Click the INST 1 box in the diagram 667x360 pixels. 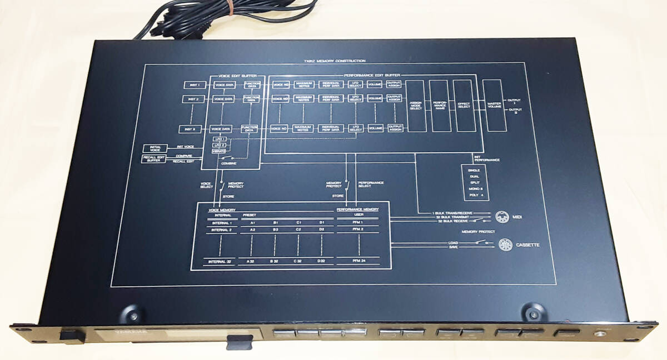click(194, 85)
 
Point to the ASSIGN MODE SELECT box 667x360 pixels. click(415, 105)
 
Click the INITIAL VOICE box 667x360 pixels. click(155, 148)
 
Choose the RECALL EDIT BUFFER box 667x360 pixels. click(154, 159)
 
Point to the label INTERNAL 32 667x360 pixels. click(218, 261)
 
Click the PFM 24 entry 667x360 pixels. click(359, 261)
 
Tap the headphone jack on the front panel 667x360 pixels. click(599, 335)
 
